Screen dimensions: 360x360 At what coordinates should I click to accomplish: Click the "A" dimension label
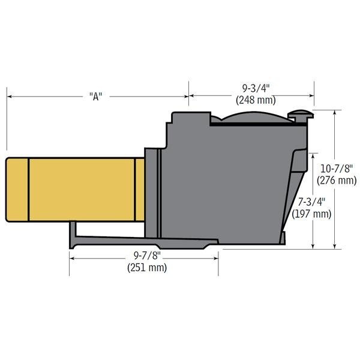pyautogui.click(x=95, y=96)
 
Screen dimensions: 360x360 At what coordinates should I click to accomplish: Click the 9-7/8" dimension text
pyautogui.click(x=146, y=256)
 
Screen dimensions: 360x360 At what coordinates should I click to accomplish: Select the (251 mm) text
pyautogui.click(x=146, y=268)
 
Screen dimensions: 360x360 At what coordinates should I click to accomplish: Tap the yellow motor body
pyautogui.click(x=81, y=189)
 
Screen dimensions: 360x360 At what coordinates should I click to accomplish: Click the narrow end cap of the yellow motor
pyautogui.click(x=17, y=189)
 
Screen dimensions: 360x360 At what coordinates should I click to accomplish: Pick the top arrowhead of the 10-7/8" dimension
pyautogui.click(x=334, y=113)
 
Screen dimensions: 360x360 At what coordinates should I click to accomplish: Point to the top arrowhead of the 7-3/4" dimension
pyautogui.click(x=313, y=154)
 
